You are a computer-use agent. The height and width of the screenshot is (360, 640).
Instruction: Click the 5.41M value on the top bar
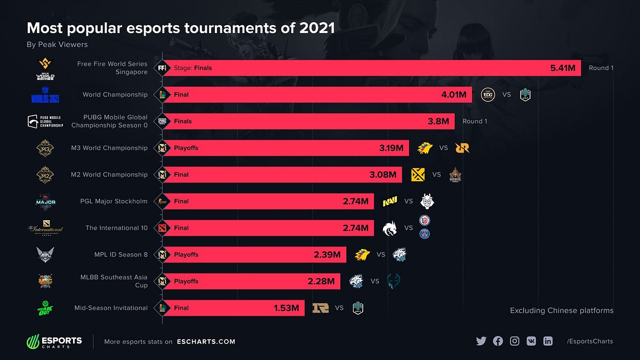pos(563,68)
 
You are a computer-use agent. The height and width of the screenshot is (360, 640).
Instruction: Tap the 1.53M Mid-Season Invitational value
pos(286,308)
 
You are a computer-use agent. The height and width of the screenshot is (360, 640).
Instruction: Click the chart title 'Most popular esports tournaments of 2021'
pos(181,28)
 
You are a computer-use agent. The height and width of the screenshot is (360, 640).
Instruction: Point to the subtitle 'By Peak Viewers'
pos(57,44)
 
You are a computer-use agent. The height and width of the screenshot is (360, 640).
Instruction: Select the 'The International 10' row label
pos(116,228)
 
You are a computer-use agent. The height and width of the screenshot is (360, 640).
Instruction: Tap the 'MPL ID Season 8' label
pos(121,255)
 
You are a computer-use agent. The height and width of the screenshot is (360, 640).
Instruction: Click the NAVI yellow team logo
pos(390,202)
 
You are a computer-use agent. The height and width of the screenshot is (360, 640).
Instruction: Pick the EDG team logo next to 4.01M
pos(488,94)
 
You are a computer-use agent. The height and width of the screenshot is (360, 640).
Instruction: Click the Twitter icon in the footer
pos(481,341)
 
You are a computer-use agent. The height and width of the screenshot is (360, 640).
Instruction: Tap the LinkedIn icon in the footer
pos(548,341)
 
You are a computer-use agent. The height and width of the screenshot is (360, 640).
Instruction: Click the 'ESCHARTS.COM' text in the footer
pos(206,342)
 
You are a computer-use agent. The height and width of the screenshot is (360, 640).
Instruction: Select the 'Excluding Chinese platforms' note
pos(562,310)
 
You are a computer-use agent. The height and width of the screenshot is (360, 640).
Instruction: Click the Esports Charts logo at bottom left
pos(54,341)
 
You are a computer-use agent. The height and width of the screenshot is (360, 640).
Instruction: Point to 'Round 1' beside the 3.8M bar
pos(475,122)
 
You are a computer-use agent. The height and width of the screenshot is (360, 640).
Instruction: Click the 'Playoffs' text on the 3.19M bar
pos(186,148)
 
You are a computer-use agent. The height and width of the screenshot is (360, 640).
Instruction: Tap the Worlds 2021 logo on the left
pos(45,95)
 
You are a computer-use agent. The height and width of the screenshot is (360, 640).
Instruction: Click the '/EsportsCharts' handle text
pos(590,341)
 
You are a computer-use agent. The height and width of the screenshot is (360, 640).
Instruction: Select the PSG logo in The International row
pos(425,234)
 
